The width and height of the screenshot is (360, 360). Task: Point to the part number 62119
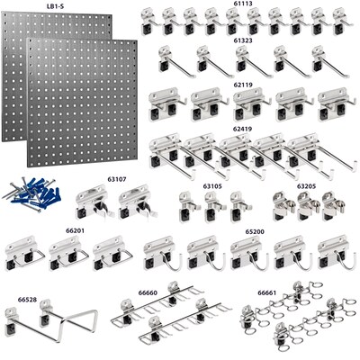click(x=243, y=84)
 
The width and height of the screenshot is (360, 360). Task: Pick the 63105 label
click(x=212, y=186)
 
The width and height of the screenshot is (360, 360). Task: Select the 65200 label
click(x=256, y=231)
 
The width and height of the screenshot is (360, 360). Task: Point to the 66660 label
click(x=148, y=292)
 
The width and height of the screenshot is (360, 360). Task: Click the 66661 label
click(x=267, y=292)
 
